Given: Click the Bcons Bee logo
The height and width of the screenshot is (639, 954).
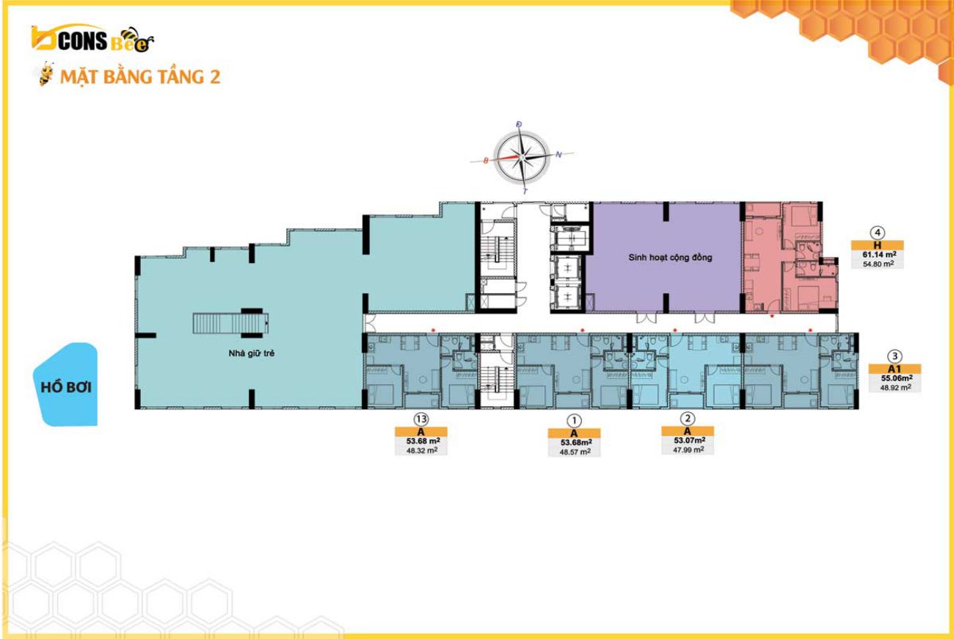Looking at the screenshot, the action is [92, 39].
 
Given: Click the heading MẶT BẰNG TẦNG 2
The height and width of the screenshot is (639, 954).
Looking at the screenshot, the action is [140, 77].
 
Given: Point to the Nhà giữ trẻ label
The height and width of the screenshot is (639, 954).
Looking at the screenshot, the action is [251, 353].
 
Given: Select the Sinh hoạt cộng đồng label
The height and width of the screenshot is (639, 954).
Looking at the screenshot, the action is [670, 258].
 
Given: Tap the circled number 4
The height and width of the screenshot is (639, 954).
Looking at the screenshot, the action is [877, 233].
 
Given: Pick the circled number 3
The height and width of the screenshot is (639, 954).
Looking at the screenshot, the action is [895, 356].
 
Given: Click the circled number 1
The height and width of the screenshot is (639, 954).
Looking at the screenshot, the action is [574, 421].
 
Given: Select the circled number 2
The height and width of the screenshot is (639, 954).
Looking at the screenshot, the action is [688, 419].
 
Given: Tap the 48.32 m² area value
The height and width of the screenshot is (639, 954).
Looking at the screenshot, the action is [422, 450].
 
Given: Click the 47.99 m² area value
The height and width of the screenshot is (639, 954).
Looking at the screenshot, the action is [688, 450].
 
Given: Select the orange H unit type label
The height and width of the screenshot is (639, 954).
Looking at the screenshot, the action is [878, 245].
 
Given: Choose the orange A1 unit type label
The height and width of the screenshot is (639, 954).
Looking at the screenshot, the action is [895, 369].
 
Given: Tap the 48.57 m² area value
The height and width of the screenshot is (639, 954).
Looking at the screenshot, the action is [575, 452].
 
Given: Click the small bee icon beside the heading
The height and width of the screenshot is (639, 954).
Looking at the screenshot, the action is [45, 74].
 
